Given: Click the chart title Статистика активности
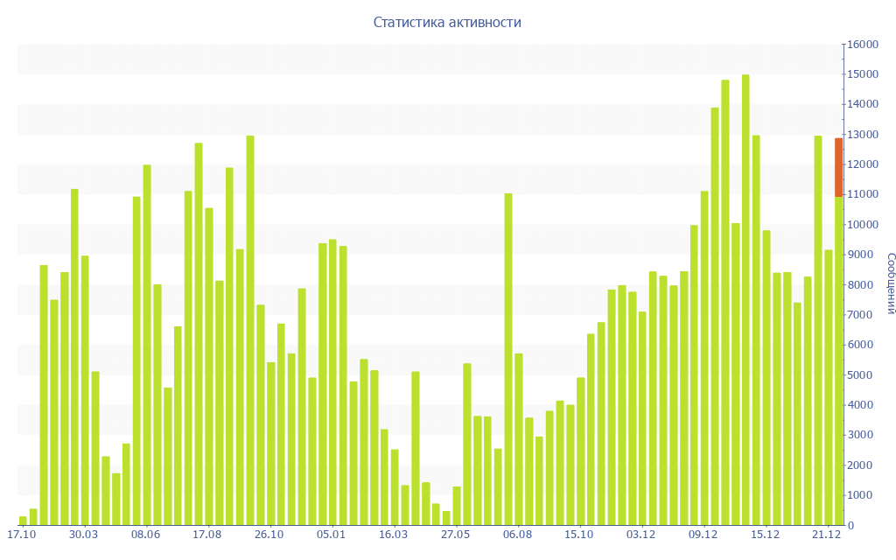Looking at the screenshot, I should [x=447, y=23].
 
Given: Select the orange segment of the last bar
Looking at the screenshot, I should [x=838, y=167].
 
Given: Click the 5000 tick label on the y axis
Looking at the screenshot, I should [x=862, y=375].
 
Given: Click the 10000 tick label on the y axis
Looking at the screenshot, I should [x=862, y=225].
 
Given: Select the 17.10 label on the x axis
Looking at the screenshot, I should [x=21, y=535].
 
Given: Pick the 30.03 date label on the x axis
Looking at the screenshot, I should [x=83, y=535].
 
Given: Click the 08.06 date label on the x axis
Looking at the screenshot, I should [x=145, y=535].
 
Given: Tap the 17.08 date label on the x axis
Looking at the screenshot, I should [x=207, y=535].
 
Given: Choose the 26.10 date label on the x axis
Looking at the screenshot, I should [x=269, y=535].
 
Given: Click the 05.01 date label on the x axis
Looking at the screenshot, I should [x=332, y=535].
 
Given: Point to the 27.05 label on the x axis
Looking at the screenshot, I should [x=456, y=535].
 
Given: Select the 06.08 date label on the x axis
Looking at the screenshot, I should [x=518, y=535].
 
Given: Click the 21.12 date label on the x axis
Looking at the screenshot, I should [x=827, y=535].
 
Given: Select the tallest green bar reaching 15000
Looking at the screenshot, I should [x=745, y=297].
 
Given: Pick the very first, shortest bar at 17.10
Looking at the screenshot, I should [x=23, y=521].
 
